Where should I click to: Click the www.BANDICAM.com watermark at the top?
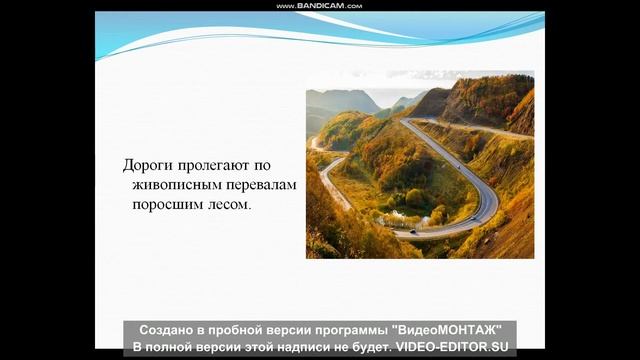click(320, 6)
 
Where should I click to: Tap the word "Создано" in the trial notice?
click(168, 330)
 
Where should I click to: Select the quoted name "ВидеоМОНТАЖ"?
click(445, 330)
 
